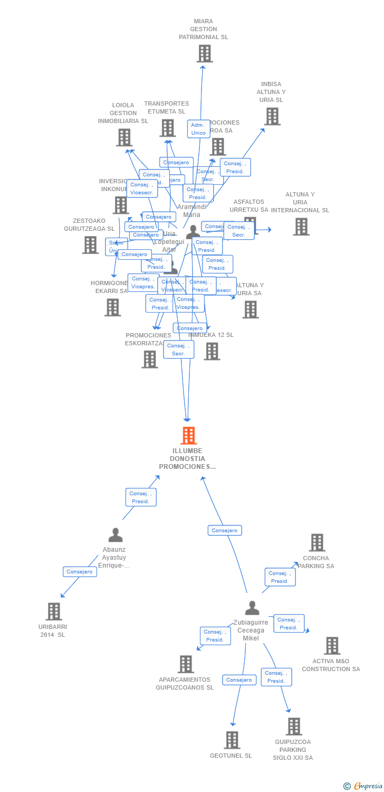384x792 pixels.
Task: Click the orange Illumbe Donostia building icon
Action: [188, 436]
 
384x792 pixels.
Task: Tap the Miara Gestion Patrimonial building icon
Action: [204, 53]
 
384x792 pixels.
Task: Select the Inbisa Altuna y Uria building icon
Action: [272, 116]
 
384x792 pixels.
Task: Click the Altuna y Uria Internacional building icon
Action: [301, 227]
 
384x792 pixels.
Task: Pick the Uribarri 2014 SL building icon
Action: [54, 611]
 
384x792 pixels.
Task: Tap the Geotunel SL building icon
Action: [232, 740]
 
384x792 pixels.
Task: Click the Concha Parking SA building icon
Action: [316, 542]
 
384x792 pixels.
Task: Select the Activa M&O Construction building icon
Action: [332, 645]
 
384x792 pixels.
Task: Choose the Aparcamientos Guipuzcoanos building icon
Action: [186, 664]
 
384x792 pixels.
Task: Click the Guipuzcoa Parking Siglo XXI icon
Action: [294, 727]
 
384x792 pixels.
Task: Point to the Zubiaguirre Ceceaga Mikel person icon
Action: [252, 608]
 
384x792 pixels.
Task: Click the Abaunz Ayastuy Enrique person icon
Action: [116, 535]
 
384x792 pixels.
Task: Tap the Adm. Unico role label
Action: [198, 129]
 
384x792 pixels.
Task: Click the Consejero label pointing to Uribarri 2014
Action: [80, 572]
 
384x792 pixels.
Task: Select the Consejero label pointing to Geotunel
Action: [239, 680]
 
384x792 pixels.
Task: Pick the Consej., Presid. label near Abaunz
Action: [141, 497]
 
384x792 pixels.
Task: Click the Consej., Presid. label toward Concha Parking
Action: [280, 577]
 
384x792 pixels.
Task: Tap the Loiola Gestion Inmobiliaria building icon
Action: [124, 137]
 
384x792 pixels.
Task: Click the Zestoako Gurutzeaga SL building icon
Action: [90, 244]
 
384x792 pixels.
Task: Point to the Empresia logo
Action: [364, 786]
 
